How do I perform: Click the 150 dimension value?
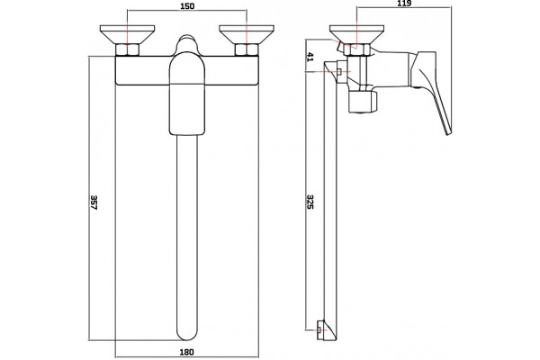187,6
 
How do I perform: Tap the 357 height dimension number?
94,202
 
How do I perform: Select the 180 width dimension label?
186,352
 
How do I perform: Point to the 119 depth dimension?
404,3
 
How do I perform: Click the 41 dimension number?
310,57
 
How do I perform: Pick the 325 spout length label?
310,202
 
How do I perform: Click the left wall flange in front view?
127,34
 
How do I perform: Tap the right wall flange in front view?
247,34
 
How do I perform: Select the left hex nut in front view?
127,49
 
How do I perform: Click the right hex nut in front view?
247,49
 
